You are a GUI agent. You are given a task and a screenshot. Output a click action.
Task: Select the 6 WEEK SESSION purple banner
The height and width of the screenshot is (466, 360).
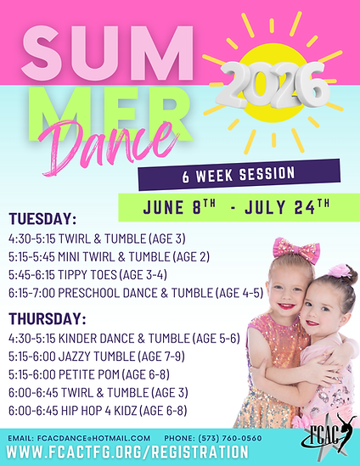click(239, 175)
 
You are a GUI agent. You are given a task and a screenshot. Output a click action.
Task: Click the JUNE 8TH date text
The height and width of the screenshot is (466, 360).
click(179, 207)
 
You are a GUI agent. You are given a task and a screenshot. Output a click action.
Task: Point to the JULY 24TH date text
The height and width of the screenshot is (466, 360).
click(287, 207)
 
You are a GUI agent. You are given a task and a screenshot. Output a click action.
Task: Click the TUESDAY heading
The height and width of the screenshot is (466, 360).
click(42, 219)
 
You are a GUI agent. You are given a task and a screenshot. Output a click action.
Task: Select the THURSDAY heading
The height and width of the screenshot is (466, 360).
click(48, 319)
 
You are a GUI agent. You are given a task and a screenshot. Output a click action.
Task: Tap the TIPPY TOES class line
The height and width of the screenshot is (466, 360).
click(87, 275)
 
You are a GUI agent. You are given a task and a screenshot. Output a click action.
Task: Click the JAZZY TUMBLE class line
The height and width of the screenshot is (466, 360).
click(97, 357)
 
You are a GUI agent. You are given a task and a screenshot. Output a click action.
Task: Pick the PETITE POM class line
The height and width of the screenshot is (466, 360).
click(89, 375)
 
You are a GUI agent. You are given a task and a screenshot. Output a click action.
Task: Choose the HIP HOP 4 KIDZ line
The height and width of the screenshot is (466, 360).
click(98, 411)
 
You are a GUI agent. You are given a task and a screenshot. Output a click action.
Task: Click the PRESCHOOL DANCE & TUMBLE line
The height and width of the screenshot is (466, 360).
click(136, 294)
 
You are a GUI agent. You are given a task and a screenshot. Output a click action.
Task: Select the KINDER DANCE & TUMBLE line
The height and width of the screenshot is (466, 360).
click(124, 339)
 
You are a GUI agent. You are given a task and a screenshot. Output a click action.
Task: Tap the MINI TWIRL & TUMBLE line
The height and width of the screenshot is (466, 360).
click(109, 257)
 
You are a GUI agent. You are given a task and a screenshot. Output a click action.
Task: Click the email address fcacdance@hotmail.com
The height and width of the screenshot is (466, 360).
click(93, 438)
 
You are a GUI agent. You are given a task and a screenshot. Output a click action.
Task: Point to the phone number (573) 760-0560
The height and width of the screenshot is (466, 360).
click(230, 438)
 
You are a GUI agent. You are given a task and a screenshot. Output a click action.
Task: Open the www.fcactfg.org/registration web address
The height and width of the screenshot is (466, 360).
click(127, 452)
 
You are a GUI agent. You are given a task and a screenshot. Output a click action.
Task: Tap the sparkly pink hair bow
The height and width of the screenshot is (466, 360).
click(296, 250)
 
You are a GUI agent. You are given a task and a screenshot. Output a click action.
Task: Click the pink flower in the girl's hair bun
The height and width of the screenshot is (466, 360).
click(340, 271)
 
